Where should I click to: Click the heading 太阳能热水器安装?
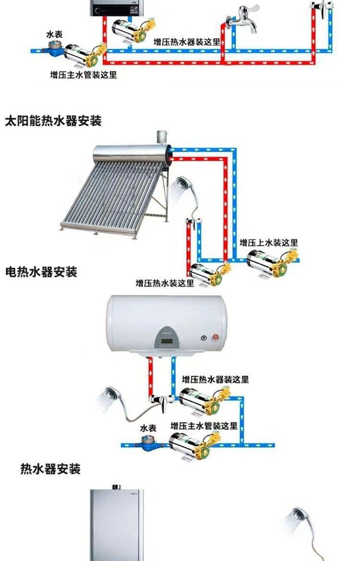point(53,121)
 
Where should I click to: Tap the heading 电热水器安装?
point(41,272)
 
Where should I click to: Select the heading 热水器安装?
point(50,468)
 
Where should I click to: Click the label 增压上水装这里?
point(269,242)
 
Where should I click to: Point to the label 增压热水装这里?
point(165,283)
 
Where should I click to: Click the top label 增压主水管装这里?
point(84,75)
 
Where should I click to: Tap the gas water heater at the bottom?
point(118,523)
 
